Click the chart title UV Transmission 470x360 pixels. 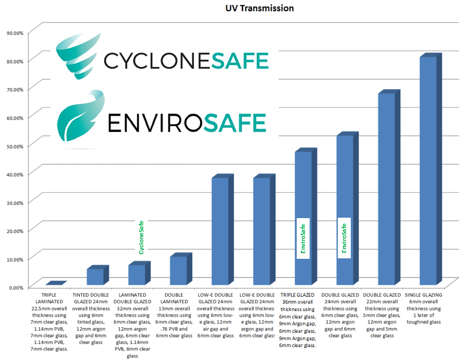pyautogui.click(x=259, y=8)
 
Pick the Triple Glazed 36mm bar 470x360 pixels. pyautogui.click(x=303, y=217)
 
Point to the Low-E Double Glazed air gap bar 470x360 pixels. pyautogui.click(x=220, y=231)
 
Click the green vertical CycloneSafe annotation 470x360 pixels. pyautogui.click(x=141, y=237)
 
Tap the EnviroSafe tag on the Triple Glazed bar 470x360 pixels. pyautogui.click(x=303, y=238)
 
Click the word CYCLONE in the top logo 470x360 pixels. pyautogui.click(x=157, y=61)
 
